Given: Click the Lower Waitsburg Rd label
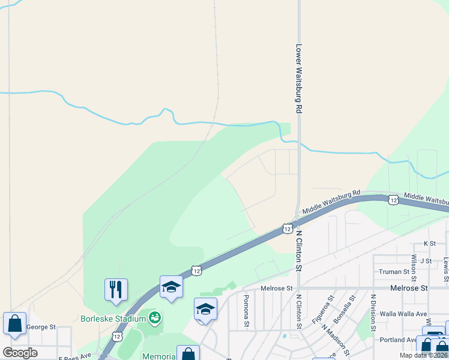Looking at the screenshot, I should coord(298,79).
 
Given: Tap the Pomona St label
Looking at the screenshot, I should coord(246,311).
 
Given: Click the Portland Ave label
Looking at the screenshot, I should coord(398,340).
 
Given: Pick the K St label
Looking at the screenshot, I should coord(429,244).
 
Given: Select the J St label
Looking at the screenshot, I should coord(426,260).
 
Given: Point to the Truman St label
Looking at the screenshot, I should coord(394,272).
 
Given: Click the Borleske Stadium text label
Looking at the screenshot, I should coord(113,318).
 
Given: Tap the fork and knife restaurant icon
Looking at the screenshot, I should coord(116,289).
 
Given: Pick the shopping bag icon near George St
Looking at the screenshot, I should coord(14,324).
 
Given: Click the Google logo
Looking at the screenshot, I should coord(20,352).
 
